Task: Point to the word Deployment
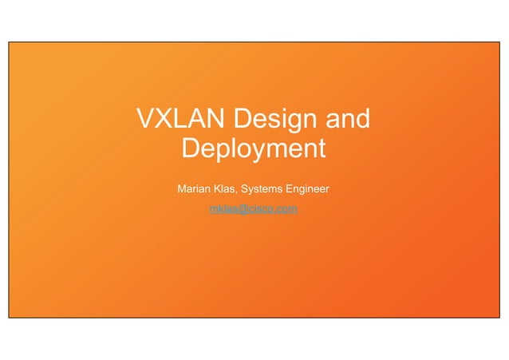254,149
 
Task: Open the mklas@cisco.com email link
253,209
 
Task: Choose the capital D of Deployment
191,148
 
